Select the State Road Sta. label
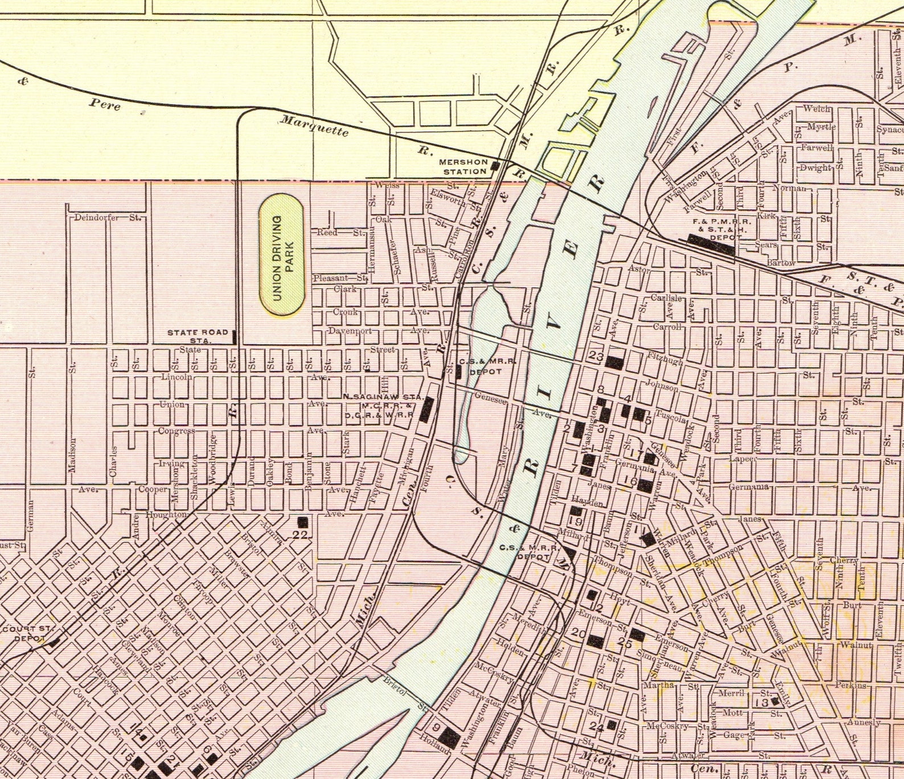tap(198, 336)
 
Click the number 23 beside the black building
tap(596, 357)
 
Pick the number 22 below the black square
tap(300, 534)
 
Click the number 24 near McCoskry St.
tap(596, 727)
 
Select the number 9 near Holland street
tap(437, 727)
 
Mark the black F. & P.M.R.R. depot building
tap(712, 244)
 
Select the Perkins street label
tap(851, 685)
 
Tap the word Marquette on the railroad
tap(314, 126)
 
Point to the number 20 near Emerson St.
tap(578, 633)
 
